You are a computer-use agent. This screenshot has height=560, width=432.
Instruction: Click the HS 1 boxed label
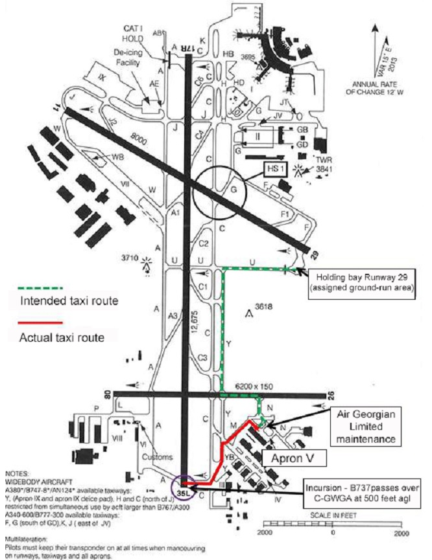(x=275, y=169)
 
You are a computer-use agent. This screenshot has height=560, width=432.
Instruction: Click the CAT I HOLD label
(x=139, y=33)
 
